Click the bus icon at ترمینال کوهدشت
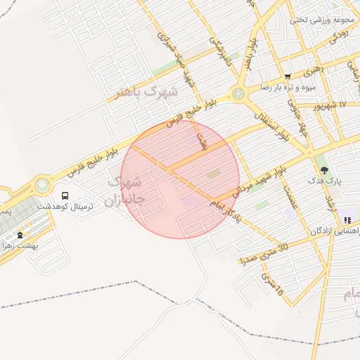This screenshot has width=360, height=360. tap(65, 196)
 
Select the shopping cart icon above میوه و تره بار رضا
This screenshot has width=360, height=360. tap(288, 77)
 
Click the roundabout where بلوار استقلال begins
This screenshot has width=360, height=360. tap(239, 92)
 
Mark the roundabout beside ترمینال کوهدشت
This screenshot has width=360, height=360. tap(43, 185)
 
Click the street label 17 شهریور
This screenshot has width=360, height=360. tap(332, 105)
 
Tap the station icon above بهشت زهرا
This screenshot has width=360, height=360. tap(20, 235)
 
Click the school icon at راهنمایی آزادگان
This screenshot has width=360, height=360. tap(347, 220)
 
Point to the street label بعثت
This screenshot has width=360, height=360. tap(204, 141)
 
